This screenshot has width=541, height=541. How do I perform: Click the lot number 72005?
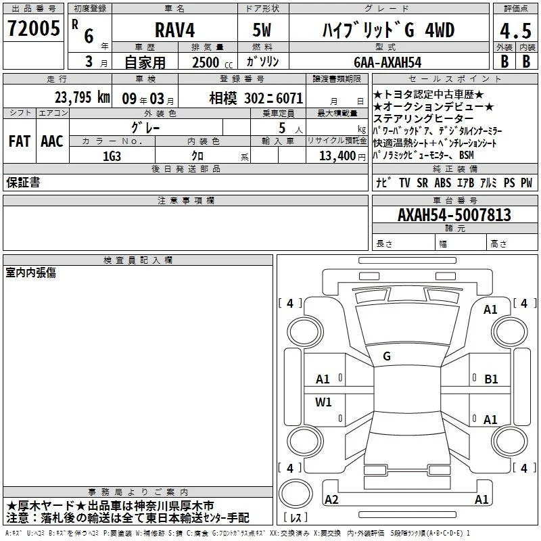pyautogui.click(x=33, y=28)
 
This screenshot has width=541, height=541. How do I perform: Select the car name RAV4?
pyautogui.click(x=174, y=30)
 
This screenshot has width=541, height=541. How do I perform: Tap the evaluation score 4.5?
pyautogui.click(x=515, y=31)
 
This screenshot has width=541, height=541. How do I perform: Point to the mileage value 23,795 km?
pyautogui.click(x=82, y=97)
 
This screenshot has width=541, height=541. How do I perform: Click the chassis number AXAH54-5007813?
pyautogui.click(x=454, y=214)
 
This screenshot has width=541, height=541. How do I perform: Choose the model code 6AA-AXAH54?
pyautogui.click(x=387, y=62)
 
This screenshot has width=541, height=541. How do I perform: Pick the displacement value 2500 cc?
pyautogui.click(x=212, y=62)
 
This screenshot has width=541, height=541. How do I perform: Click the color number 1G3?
pyautogui.click(x=112, y=156)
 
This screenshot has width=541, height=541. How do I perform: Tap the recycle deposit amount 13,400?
pyautogui.click(x=337, y=156)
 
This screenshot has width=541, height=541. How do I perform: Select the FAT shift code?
pyautogui.click(x=20, y=141)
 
